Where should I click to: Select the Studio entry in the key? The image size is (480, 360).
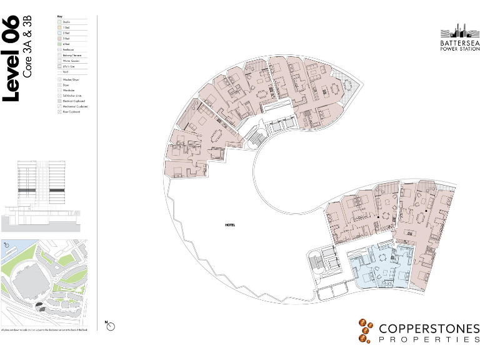click(64, 22)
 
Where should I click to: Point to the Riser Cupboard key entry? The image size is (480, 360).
click(69, 112)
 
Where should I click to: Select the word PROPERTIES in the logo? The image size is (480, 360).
click(429, 339)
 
